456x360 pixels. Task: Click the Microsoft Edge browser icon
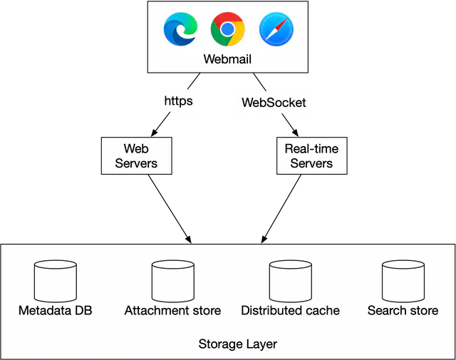180,30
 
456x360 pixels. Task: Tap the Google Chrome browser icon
227,30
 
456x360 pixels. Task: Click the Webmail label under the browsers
227,59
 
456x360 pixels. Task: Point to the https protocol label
178,101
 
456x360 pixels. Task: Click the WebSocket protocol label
274,102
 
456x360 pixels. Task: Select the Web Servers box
136,156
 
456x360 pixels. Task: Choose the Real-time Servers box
311,156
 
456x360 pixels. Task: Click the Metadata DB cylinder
56,282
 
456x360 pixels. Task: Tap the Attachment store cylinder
172,282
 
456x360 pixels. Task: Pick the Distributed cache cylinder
290,282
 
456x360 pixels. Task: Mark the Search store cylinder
403,282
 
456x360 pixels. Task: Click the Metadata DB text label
56,311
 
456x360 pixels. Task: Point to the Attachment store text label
172,311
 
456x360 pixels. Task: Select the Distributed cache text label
290,311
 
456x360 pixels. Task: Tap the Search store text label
403,311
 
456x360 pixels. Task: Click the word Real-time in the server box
311,149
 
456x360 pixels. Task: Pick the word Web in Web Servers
136,149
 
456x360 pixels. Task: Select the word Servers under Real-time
311,163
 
